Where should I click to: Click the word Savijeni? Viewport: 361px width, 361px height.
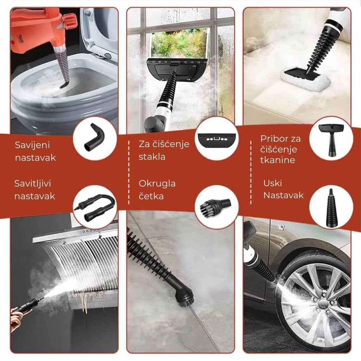(x=32, y=145)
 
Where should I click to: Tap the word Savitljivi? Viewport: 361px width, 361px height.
(x=32, y=183)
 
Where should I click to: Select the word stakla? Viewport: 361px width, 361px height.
(x=152, y=157)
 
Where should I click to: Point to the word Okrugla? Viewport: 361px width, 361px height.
(x=157, y=184)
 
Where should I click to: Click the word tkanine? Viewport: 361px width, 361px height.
(x=278, y=160)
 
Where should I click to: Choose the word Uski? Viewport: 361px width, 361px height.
(x=273, y=183)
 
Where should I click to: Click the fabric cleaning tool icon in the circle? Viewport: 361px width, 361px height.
(x=331, y=140)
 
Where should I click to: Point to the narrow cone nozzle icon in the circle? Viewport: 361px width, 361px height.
(x=331, y=207)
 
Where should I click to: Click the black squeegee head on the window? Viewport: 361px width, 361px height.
(x=177, y=70)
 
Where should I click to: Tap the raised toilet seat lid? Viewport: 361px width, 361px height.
(x=99, y=32)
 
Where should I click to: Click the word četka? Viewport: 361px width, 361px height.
(x=151, y=196)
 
